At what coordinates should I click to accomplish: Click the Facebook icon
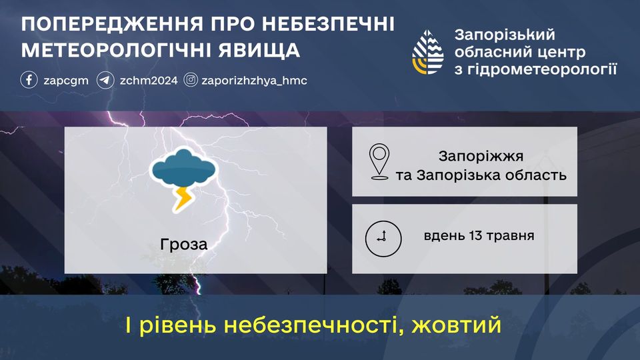pos(29,80)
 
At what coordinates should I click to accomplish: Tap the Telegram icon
pos(105,80)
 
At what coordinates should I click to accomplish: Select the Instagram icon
pos(191,79)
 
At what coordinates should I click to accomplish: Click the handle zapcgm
pos(66,81)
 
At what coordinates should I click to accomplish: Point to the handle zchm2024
pos(149,81)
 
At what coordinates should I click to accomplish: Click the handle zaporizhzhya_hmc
pos(254,81)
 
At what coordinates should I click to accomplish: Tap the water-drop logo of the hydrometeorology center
pos(428,52)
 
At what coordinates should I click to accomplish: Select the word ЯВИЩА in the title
pos(259,51)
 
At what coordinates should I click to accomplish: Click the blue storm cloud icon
pos(183,168)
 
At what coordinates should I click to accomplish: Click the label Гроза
pos(184,245)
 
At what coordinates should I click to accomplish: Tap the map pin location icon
pos(379,161)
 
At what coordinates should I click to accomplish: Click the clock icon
pos(383,239)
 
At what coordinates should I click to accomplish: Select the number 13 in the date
pos(476,235)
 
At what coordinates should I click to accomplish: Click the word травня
pos(511,236)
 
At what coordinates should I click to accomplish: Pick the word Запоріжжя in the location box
pos(481,156)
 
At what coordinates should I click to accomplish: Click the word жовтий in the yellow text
pos(456,325)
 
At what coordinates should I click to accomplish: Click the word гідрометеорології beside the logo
pos(535,69)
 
